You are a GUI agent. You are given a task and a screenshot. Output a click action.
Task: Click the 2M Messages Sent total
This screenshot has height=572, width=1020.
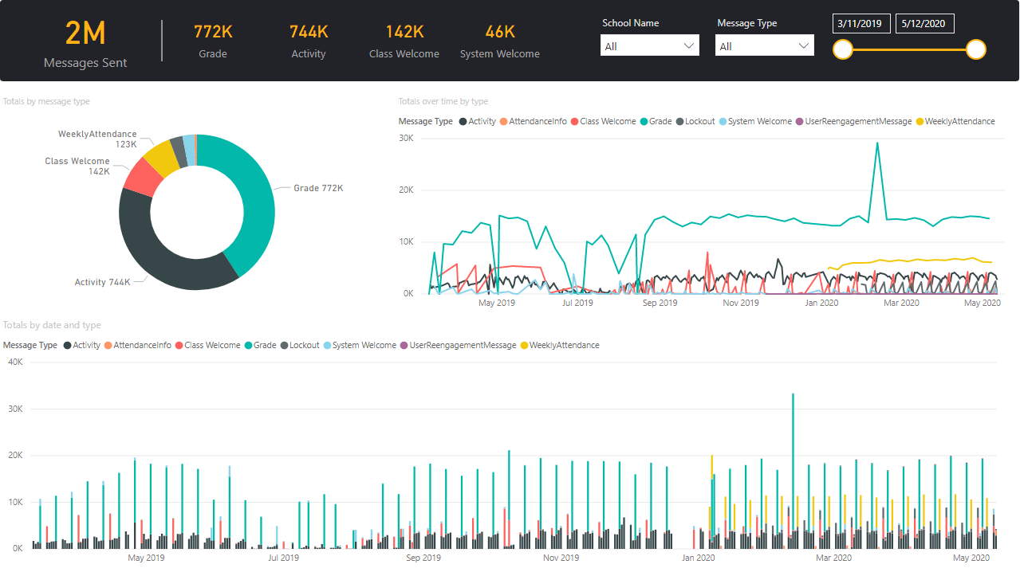(85, 33)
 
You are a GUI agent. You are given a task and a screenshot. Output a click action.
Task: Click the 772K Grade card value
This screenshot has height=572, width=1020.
(213, 32)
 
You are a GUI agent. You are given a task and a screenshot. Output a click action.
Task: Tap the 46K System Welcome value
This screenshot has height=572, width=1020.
(500, 32)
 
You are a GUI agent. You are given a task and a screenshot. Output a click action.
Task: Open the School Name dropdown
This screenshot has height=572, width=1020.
(649, 45)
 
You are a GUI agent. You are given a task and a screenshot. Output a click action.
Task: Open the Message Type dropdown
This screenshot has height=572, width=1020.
(764, 45)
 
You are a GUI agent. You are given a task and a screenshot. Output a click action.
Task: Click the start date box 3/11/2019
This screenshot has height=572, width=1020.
(861, 23)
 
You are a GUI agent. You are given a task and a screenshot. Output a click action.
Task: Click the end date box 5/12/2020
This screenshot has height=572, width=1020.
(924, 23)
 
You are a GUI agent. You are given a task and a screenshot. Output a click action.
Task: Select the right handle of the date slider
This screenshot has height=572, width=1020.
(976, 50)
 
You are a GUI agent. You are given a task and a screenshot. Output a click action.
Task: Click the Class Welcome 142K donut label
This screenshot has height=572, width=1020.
(77, 166)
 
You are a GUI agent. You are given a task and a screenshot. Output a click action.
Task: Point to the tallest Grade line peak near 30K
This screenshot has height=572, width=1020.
(877, 144)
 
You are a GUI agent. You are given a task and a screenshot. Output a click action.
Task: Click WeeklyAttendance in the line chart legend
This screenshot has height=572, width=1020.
(959, 121)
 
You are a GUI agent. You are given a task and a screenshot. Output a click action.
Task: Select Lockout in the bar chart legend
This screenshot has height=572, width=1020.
(304, 345)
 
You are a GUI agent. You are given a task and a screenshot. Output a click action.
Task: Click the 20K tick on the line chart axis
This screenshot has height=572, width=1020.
(406, 190)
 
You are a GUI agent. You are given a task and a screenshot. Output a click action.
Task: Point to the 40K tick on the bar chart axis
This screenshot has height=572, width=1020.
(14, 362)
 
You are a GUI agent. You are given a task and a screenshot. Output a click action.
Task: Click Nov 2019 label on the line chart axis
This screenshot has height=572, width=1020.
(741, 303)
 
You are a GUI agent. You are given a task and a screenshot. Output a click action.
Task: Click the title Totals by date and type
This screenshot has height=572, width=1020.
(52, 325)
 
